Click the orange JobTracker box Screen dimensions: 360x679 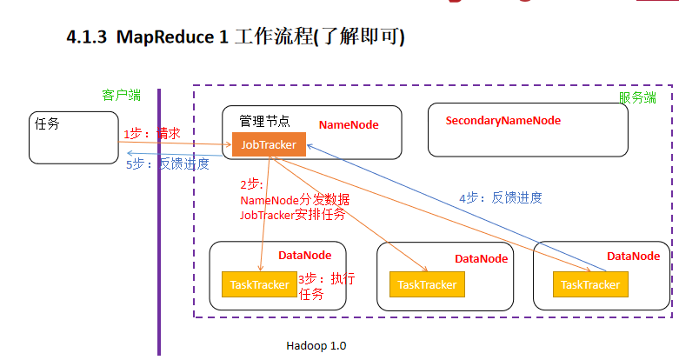click(269, 145)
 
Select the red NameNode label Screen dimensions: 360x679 click(349, 125)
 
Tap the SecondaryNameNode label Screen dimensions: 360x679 click(503, 121)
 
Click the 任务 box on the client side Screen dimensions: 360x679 click(73, 137)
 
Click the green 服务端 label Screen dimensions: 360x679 click(637, 97)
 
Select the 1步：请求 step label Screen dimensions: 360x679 click(151, 134)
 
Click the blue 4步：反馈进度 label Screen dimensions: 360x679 click(500, 197)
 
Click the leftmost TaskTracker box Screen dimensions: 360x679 click(259, 284)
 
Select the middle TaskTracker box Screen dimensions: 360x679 click(427, 284)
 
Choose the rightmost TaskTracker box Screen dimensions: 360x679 click(590, 284)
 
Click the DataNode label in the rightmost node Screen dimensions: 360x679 click(633, 256)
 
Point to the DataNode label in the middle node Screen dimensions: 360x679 click(481, 259)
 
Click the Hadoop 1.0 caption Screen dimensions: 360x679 click(316, 345)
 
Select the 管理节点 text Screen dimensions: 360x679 click(264, 121)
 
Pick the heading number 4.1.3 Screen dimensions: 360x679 click(87, 37)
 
